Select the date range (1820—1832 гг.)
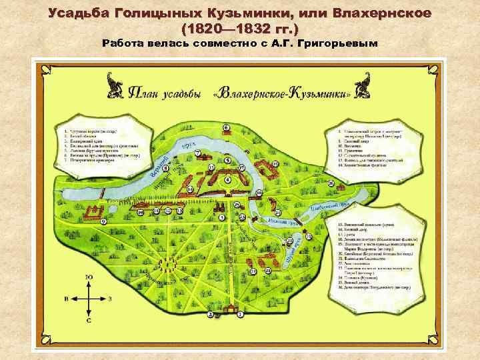[x=240, y=29]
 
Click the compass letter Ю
[x=89, y=277]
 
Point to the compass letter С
[x=89, y=320]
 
